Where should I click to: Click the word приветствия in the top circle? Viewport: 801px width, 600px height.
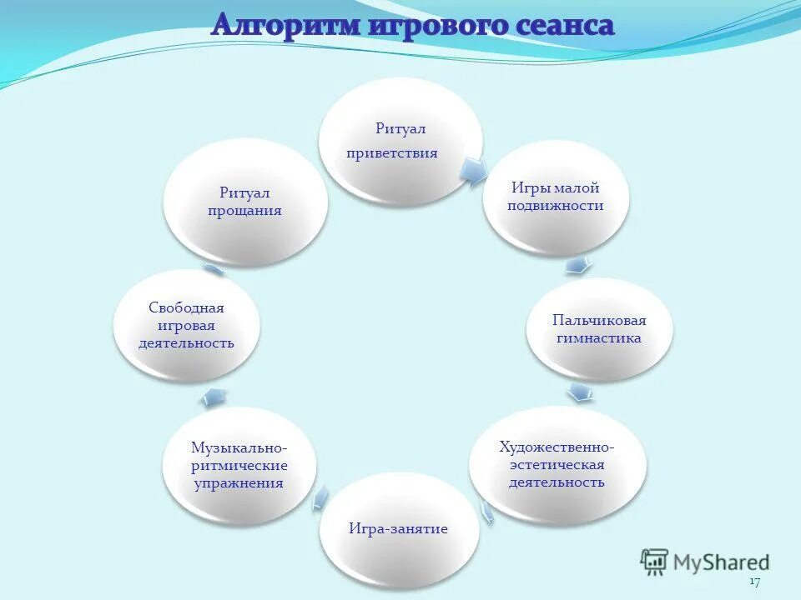392,153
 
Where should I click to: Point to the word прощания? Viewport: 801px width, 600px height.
244,211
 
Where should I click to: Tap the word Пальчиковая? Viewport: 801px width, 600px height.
599,320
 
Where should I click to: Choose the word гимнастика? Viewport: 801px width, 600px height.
599,338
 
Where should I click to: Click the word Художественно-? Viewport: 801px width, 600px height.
557,447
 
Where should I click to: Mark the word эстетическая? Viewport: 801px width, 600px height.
557,464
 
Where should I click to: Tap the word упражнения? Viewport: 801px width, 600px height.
239,482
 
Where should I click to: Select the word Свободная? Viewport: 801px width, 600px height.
186,307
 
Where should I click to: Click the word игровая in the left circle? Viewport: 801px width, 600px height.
186,325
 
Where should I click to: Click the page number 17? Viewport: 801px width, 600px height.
754,581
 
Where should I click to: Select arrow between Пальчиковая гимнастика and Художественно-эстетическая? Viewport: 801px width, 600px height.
580,392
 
